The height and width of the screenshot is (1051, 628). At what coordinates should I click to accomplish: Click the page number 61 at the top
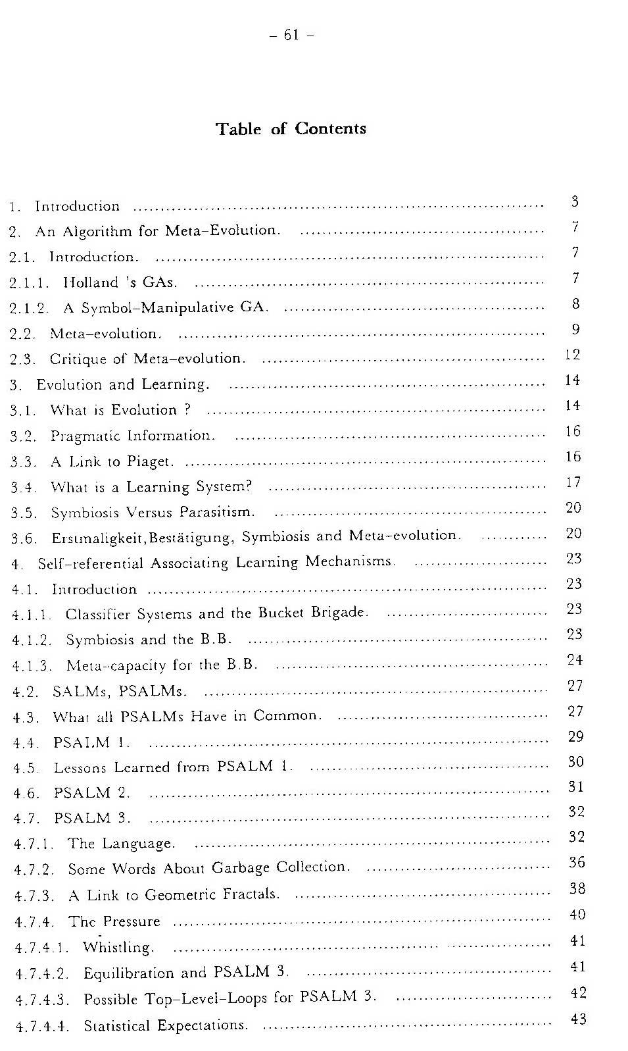[291, 35]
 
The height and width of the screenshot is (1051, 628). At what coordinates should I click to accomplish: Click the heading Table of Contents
[291, 128]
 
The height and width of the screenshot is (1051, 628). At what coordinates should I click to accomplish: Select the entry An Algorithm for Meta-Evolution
[158, 231]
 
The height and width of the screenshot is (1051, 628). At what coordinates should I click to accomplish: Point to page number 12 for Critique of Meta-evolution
[572, 355]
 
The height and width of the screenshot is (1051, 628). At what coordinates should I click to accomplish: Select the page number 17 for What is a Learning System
[573, 482]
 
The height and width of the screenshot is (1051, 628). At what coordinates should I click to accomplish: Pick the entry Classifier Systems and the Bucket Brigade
[216, 613]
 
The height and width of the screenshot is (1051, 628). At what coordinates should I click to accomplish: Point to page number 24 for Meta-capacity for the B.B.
[575, 660]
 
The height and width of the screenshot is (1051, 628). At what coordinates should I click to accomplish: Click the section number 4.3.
[26, 717]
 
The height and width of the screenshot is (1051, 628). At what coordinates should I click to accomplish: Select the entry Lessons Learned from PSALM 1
[173, 767]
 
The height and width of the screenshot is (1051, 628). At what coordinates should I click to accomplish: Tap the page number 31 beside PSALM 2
[575, 787]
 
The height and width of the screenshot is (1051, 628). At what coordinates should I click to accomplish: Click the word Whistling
[118, 948]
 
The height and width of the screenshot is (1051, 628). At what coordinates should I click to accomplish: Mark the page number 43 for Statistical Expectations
[578, 1019]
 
